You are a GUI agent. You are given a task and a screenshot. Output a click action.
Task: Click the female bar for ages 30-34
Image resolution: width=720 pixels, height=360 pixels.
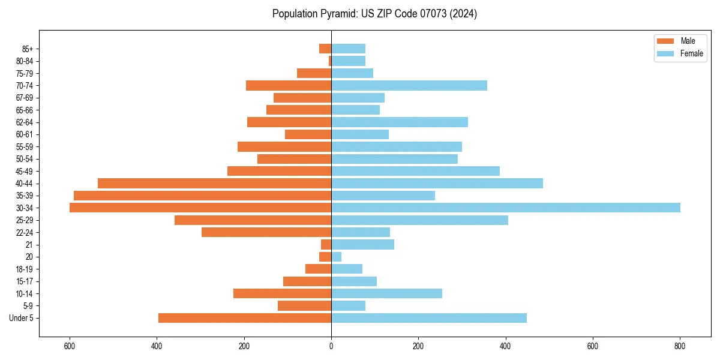(x=505, y=208)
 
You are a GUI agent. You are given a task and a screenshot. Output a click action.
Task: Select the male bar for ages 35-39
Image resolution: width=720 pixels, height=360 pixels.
(x=202, y=196)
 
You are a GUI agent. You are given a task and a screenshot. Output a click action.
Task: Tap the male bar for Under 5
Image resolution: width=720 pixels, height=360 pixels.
(x=245, y=318)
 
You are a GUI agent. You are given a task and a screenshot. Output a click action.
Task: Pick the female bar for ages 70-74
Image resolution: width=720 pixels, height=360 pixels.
(x=409, y=86)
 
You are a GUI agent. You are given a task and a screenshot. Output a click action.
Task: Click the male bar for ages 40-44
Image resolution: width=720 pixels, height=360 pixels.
(x=214, y=183)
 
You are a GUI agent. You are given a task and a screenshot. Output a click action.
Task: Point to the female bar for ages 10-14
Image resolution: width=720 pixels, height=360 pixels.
(x=386, y=293)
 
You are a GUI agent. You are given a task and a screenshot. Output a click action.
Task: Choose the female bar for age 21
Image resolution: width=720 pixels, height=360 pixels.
(x=362, y=244)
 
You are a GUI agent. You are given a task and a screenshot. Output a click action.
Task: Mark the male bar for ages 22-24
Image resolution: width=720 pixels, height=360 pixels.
(x=266, y=232)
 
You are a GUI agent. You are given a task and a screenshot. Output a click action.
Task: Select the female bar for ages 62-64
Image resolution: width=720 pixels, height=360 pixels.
(x=400, y=122)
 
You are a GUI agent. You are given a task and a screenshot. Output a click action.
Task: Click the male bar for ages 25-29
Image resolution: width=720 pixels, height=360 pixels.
(x=253, y=220)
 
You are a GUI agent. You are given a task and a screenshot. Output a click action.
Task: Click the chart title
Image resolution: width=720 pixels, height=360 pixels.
(x=374, y=14)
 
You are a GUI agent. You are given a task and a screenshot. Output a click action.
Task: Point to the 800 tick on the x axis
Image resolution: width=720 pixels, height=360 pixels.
(x=680, y=347)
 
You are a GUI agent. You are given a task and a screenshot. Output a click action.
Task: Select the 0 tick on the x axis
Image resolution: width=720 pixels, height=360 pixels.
(x=331, y=347)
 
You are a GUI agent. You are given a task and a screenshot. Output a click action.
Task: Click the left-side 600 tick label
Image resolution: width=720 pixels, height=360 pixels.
(x=70, y=347)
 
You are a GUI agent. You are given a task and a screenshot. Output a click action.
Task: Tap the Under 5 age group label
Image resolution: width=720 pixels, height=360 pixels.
(x=22, y=318)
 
